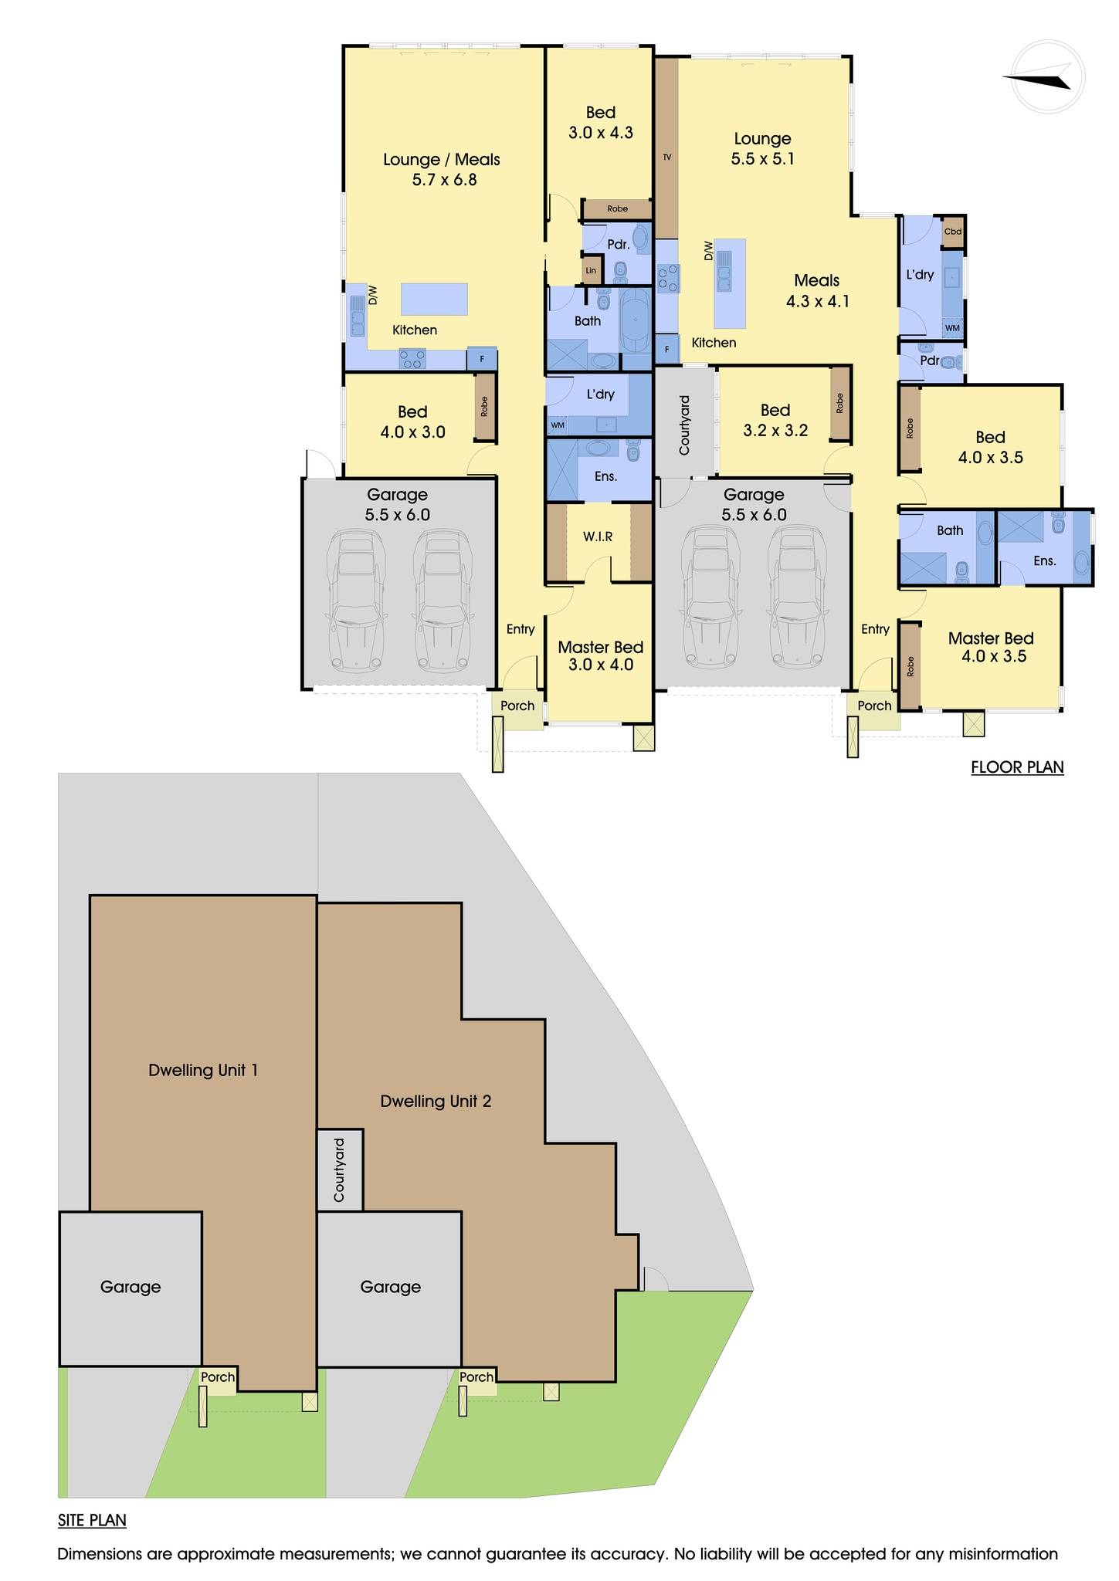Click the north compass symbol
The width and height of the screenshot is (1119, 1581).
coord(1048,77)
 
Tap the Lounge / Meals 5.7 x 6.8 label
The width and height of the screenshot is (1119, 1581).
coord(442,169)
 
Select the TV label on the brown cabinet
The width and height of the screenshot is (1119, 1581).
coord(667,157)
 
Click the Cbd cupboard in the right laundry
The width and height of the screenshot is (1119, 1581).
coord(953,232)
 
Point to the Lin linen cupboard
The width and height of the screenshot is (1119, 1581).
coord(591,270)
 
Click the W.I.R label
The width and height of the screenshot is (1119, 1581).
coord(598,536)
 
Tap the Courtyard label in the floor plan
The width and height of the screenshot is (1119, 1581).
coord(684,425)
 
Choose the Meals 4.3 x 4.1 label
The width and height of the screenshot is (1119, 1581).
coord(817,291)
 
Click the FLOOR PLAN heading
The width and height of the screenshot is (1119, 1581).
coord(1017,767)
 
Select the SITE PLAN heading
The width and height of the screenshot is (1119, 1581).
coord(92,1519)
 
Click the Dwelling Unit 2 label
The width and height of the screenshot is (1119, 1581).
coord(436,1101)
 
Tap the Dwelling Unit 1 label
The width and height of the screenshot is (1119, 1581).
coord(202,1070)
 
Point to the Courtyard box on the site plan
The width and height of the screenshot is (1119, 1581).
coord(340,1170)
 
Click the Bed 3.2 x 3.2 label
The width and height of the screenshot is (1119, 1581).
coord(775,420)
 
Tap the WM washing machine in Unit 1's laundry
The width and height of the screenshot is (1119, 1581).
coord(557,425)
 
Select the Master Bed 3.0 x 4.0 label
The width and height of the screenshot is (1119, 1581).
coord(600,655)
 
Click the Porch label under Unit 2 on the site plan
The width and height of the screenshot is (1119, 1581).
coord(476,1376)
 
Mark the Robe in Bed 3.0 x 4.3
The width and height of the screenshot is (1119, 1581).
coord(617,208)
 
